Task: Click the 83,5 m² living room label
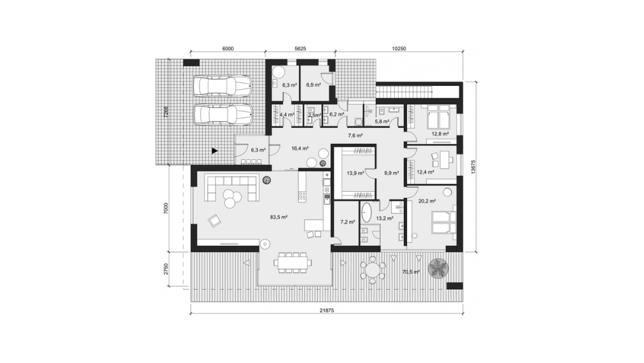point(278,217)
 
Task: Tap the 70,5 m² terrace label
point(410,272)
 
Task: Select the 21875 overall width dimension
point(328,310)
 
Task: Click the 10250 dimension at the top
point(399,48)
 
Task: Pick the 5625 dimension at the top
point(301,48)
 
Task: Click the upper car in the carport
point(222,86)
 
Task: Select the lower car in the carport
point(222,115)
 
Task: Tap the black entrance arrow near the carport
point(215,151)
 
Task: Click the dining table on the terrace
point(294,262)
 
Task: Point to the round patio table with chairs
point(371,270)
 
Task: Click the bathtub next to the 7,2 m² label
point(368,213)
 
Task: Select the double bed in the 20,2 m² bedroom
point(441,221)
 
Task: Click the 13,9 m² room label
point(355,173)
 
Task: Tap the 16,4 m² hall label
point(299,147)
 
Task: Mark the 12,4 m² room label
point(425,172)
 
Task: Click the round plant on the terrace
point(438,269)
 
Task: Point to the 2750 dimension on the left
point(165,268)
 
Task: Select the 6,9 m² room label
point(313,84)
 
